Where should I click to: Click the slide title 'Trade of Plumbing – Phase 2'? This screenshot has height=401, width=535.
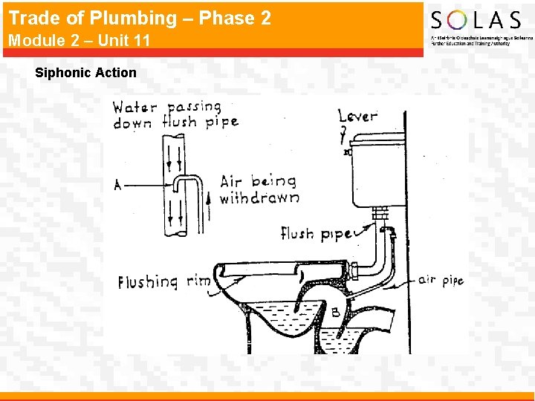coord(140,18)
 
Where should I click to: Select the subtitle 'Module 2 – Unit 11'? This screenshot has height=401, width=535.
coord(79,40)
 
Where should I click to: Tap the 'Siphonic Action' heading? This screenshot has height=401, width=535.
coord(85,73)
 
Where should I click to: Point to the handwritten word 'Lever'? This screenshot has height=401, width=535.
coord(357,116)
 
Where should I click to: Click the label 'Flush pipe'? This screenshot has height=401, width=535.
coord(316,234)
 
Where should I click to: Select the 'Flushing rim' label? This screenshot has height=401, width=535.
coord(164,282)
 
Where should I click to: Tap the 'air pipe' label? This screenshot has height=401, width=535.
coord(441,280)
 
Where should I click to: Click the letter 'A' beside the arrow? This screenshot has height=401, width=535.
coord(118,186)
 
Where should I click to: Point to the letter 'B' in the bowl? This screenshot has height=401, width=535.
coord(335,313)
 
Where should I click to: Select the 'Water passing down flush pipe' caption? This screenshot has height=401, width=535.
coord(175,115)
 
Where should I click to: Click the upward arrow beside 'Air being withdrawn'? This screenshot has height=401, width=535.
coord(210,198)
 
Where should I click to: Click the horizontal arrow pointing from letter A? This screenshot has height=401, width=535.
coord(145,185)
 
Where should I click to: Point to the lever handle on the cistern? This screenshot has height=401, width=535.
coord(346,151)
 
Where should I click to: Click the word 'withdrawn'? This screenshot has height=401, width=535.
coord(260,198)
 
